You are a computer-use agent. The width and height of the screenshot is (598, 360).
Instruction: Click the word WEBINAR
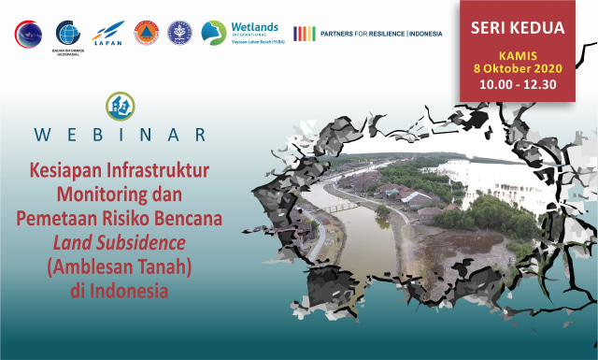tap(120, 134)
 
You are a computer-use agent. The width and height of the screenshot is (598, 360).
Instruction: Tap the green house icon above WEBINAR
tap(120, 105)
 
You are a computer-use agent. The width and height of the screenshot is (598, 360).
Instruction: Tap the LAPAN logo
tap(108, 34)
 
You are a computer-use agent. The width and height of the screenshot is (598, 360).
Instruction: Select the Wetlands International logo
tap(240, 34)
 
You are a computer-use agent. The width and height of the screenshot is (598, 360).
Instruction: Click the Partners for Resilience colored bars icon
tap(304, 34)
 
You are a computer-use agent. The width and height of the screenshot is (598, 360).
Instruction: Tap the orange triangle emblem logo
tap(146, 34)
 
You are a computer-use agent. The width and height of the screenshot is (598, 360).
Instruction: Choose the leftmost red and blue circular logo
tap(28, 34)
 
